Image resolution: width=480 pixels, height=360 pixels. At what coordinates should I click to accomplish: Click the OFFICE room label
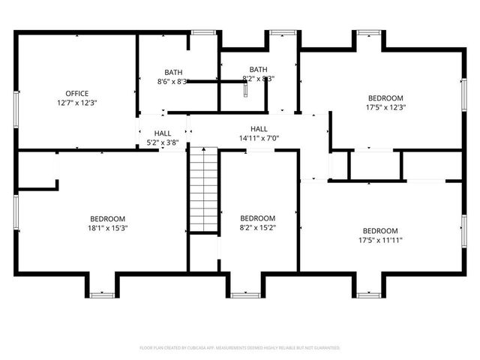coord(76,94)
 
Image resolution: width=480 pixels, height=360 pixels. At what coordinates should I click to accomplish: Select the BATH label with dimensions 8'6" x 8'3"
coord(172,73)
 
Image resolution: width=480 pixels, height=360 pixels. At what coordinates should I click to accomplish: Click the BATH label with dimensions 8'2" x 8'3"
coord(258,70)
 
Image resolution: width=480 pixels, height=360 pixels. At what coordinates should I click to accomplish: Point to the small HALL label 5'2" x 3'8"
coord(162,133)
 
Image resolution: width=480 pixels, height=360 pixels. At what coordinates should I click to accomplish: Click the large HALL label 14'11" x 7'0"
coord(259,129)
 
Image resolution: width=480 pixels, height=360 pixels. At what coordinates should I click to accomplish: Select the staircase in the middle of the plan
coord(202,190)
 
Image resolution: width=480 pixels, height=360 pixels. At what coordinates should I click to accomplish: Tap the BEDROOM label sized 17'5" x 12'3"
coord(385,98)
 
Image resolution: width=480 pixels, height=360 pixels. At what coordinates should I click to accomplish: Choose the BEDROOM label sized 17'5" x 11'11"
coord(380,231)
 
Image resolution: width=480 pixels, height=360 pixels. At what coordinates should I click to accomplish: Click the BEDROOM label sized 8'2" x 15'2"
coord(258,218)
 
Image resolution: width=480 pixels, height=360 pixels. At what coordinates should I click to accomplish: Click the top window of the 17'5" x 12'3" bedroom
coord(367,32)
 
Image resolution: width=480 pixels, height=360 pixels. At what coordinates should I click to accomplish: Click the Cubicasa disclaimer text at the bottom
coord(240,348)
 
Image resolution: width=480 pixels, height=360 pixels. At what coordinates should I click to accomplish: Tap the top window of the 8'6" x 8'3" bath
coord(201,32)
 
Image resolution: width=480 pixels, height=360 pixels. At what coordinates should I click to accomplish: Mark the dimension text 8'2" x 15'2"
coord(258,227)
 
